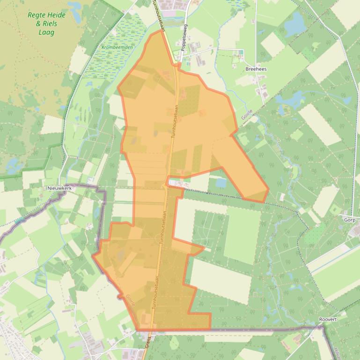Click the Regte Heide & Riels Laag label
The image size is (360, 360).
[46, 23]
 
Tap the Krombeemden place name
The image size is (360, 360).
[117, 47]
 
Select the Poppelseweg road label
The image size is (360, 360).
[184, 38]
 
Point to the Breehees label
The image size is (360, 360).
[256, 69]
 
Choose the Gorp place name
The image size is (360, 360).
[349, 220]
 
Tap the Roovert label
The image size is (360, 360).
[327, 319]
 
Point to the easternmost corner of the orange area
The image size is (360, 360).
[268, 190]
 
